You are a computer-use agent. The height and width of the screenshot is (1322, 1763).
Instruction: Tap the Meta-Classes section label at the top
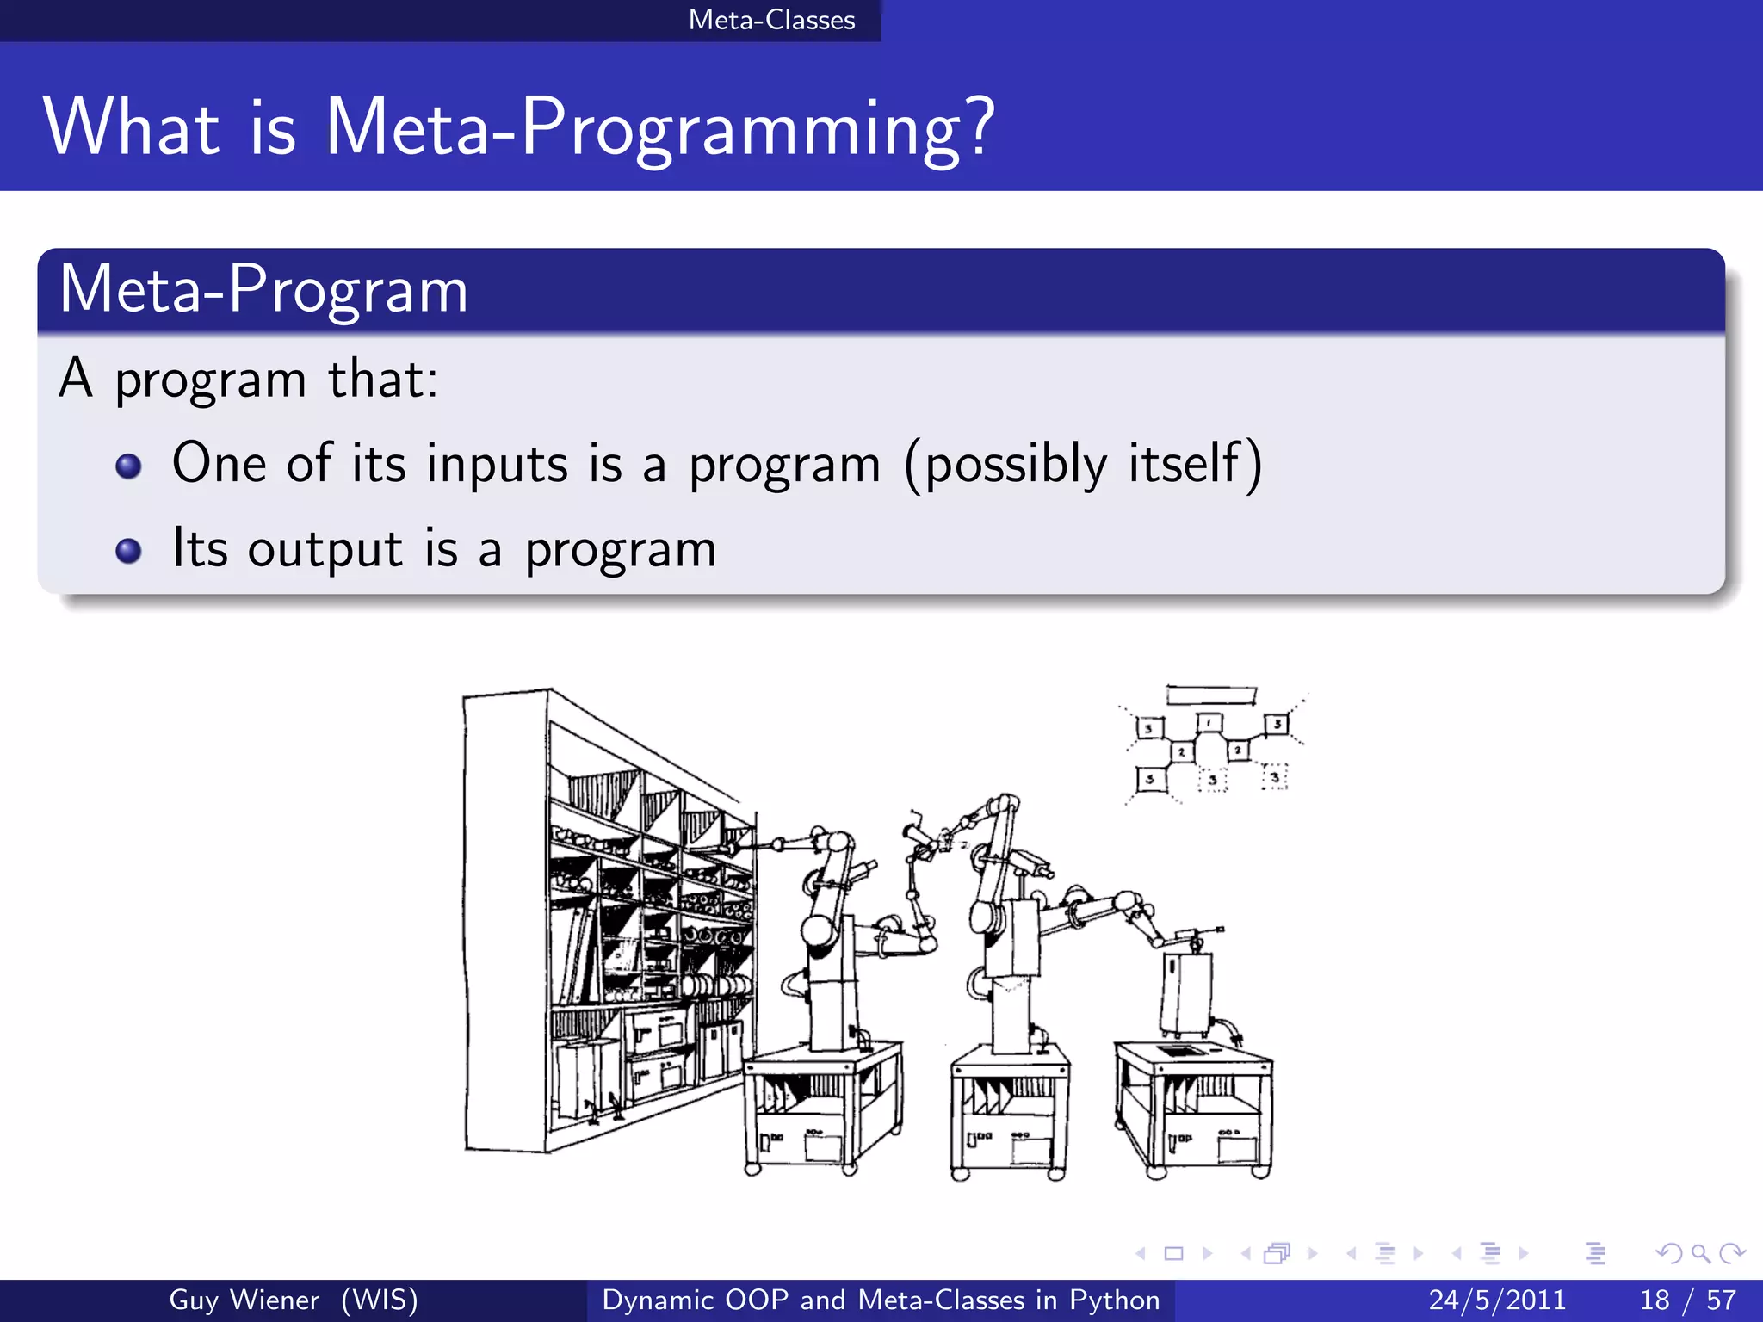click(771, 20)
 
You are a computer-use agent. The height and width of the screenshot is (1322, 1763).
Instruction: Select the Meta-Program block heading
click(263, 290)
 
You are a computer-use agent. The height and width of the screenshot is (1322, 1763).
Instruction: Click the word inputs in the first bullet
click(497, 464)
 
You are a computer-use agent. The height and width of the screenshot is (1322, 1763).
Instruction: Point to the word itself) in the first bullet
click(1196, 464)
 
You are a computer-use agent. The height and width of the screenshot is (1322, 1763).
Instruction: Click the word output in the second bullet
click(325, 549)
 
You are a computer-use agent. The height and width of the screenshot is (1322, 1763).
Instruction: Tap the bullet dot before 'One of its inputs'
click(128, 466)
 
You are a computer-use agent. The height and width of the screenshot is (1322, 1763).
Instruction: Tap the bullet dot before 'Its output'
click(128, 551)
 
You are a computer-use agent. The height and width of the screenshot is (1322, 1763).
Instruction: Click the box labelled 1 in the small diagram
click(1209, 722)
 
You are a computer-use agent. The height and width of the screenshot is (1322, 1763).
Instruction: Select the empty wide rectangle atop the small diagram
click(1210, 695)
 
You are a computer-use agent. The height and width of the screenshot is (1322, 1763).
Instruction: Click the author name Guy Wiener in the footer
click(244, 1300)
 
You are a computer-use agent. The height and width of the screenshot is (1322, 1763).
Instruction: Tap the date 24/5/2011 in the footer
click(1497, 1300)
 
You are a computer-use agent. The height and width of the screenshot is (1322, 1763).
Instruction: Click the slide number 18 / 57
click(1687, 1300)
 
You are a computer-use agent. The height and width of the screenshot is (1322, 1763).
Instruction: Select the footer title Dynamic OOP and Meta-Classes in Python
click(881, 1300)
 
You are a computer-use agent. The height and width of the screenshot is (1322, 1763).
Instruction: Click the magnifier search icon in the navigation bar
click(1700, 1253)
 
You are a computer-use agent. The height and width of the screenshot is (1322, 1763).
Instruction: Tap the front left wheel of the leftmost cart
click(752, 1168)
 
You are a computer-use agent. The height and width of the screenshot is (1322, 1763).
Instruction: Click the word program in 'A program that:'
click(210, 380)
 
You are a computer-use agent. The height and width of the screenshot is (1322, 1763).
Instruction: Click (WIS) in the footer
click(380, 1300)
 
